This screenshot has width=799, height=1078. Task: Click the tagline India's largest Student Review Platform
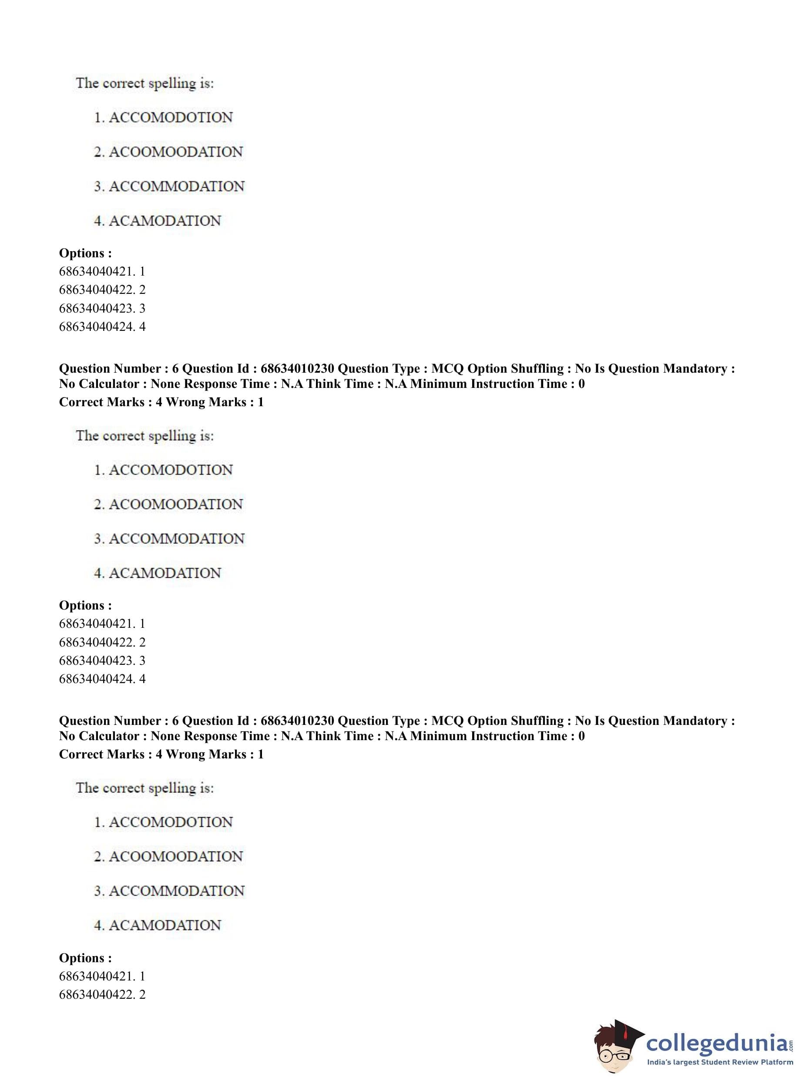(720, 1062)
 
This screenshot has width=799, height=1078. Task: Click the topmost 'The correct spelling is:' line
(144, 83)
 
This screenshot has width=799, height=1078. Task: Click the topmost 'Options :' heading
(85, 253)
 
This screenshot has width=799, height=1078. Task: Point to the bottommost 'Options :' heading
(85, 957)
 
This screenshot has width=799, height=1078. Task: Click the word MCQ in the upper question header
(447, 369)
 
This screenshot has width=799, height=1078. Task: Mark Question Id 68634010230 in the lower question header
(297, 721)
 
